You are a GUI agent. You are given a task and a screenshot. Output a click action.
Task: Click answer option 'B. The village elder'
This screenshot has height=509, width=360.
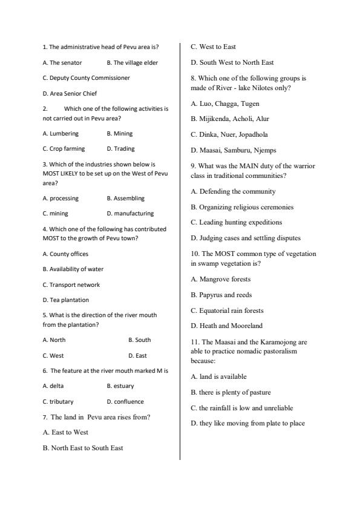(x=132, y=62)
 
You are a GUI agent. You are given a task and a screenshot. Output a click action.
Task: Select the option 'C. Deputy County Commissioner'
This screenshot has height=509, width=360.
(x=86, y=78)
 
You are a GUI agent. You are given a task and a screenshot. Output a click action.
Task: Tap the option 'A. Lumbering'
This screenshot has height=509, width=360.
(x=61, y=134)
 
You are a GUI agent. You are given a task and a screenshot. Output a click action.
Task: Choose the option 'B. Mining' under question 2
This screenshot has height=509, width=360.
(x=119, y=134)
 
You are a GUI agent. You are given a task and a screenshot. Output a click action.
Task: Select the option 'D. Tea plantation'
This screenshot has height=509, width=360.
(x=65, y=300)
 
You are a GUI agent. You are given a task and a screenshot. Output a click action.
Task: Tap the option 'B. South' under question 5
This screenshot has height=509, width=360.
(x=139, y=340)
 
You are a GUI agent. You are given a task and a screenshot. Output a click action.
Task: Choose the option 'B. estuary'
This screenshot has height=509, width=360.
(x=120, y=386)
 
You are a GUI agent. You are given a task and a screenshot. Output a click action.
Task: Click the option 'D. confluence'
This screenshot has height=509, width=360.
(x=125, y=402)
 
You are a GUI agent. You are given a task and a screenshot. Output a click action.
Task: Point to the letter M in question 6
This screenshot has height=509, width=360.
(x=158, y=370)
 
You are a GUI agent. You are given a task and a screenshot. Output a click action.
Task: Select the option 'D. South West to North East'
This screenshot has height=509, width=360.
(x=232, y=62)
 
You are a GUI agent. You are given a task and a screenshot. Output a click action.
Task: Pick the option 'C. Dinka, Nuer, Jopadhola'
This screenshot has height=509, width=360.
(x=229, y=134)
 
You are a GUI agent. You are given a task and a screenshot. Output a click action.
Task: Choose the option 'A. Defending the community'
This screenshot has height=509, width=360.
(x=233, y=191)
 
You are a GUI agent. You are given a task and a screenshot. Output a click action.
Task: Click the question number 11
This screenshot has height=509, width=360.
(x=195, y=342)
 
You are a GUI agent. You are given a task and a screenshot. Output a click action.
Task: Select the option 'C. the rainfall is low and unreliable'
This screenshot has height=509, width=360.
(x=242, y=408)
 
